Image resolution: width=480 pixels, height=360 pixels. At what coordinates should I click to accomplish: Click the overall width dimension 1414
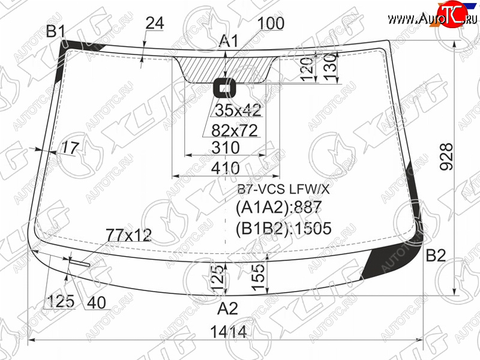pos(229,332)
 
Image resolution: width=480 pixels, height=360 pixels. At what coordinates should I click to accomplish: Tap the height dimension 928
pos(446,157)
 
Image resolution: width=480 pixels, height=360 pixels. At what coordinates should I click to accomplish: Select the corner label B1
pos(56,31)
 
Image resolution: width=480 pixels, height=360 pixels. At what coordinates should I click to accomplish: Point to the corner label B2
pos(436,256)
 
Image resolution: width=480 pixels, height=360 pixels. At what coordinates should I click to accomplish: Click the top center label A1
pos(229,41)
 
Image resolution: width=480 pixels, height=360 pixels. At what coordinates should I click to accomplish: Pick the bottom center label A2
pos(227,308)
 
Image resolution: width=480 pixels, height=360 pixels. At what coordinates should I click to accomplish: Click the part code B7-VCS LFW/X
pos(283,190)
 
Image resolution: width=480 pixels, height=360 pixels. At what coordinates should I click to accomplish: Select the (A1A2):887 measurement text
pos(278,208)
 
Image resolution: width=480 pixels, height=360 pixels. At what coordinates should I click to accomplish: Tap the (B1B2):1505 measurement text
pos(283,229)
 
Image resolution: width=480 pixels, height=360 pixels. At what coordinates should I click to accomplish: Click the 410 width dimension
pos(226,168)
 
